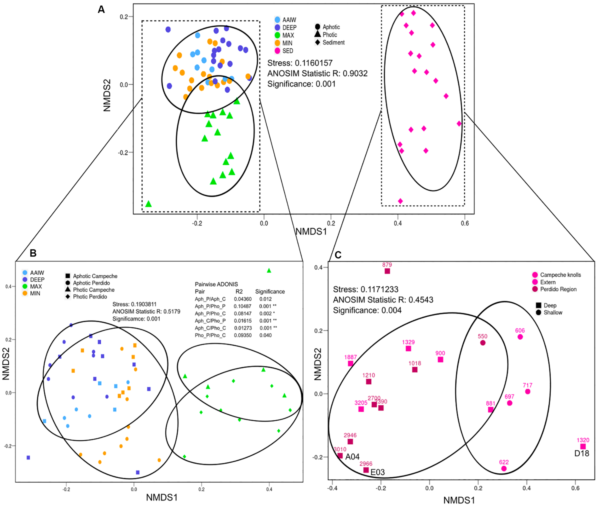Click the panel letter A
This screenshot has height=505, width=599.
point(101,10)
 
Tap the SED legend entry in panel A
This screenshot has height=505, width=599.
point(287,51)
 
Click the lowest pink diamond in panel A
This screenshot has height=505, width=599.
point(400,201)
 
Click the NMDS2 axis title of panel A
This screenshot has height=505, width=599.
point(107,95)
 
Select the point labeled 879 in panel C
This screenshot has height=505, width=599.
point(387,271)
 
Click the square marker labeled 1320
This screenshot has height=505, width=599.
point(583,447)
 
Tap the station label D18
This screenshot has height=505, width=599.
point(582,453)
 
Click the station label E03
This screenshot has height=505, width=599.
point(377,472)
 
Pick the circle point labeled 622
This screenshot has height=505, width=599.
point(504,469)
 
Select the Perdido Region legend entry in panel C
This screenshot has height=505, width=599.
point(558,289)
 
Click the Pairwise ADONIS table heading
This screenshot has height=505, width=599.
point(216,284)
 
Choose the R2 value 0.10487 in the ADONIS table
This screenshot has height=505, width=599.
point(242,306)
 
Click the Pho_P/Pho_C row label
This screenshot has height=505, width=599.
point(210,335)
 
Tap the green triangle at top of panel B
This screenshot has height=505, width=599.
point(269,271)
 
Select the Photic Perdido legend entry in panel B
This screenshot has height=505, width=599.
point(90,296)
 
